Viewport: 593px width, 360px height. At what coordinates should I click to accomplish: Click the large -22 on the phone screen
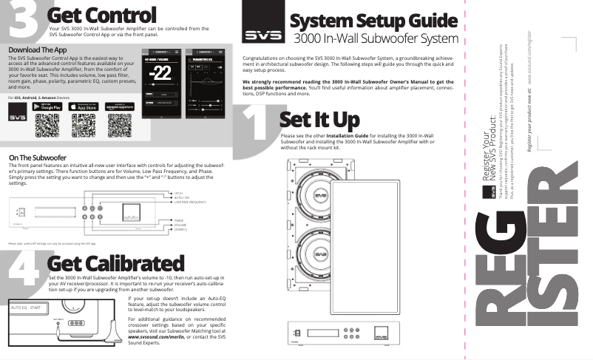pos(160,74)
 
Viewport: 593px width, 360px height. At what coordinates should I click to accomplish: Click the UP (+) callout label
pos(178,191)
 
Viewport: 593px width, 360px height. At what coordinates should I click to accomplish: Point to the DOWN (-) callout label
pos(180,231)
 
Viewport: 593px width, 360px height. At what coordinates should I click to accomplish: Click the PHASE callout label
pos(178,220)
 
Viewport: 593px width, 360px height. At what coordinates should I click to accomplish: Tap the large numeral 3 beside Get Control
pos(22,18)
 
